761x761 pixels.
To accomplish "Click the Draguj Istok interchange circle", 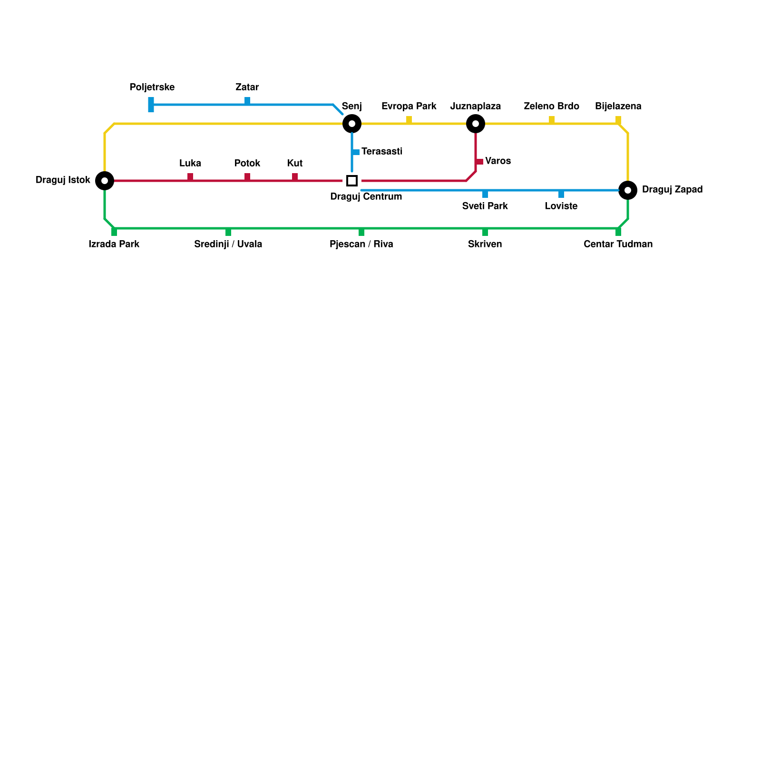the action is pos(105,181).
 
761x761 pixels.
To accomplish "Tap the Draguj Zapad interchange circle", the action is pos(628,190).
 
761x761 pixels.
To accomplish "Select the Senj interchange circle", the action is pos(352,124).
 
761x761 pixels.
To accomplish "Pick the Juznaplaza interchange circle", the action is pos(476,124).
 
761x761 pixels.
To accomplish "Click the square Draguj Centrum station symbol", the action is pos(352,181).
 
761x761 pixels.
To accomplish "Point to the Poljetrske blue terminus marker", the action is pos(151,105).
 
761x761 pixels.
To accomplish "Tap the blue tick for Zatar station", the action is pos(247,101).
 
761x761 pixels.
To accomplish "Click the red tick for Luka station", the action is pos(190,177).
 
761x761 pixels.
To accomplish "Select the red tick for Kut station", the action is pos(295,177).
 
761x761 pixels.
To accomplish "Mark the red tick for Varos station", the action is pos(479,162).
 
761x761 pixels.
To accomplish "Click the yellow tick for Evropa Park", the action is pos(409,120).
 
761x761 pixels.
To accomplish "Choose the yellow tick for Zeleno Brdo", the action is pos(552,120).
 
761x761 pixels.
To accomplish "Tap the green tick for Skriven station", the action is pos(485,232).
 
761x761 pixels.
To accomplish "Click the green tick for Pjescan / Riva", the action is pos(361,232).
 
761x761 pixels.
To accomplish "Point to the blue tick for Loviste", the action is pos(561,194).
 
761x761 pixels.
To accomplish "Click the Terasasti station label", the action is pos(382,152).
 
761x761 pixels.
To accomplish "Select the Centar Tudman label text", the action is pos(618,244).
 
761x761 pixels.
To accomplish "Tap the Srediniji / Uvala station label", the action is pos(228,244).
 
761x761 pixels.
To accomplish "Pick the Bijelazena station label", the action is pos(618,107).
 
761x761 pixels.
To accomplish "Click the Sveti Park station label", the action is pos(485,206).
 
